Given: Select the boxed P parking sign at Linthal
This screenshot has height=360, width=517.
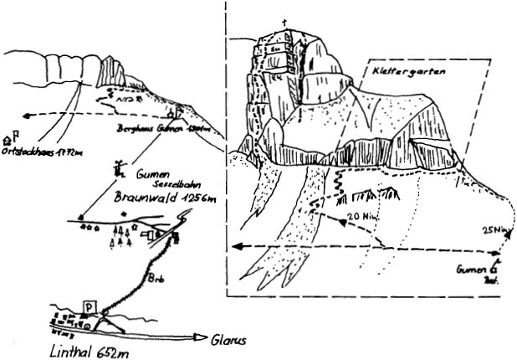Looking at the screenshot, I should point(89,306).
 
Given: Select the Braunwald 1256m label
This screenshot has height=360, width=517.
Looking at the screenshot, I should point(165,198).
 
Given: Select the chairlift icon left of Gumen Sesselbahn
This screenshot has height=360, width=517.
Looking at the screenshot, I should point(120,168).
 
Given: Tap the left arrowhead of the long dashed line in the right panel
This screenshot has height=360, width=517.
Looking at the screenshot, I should point(236,246).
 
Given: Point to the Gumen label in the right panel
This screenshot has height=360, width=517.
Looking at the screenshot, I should point(472,271).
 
